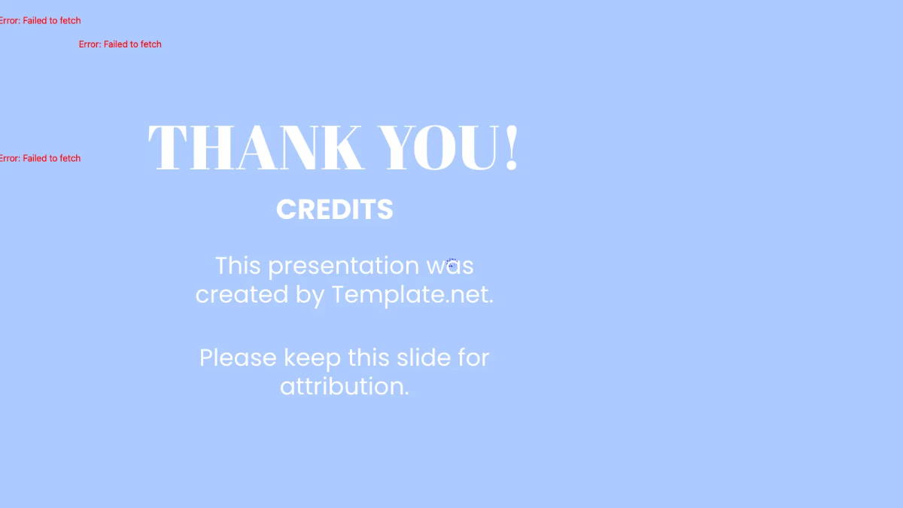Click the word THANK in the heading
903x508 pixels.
point(255,148)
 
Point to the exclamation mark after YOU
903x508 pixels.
point(512,148)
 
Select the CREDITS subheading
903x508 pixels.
point(335,209)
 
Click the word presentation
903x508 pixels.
point(344,266)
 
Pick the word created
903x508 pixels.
point(242,294)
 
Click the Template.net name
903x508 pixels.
point(412,295)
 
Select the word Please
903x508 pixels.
point(238,358)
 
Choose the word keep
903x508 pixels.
point(312,359)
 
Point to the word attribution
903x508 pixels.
point(345,386)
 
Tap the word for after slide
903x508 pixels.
point(473,357)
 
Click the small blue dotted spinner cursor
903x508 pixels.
point(451,263)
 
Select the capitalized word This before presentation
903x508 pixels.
point(238,266)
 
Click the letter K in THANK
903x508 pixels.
point(341,148)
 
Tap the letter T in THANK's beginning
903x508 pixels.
point(168,148)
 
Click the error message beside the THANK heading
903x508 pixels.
point(41,158)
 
